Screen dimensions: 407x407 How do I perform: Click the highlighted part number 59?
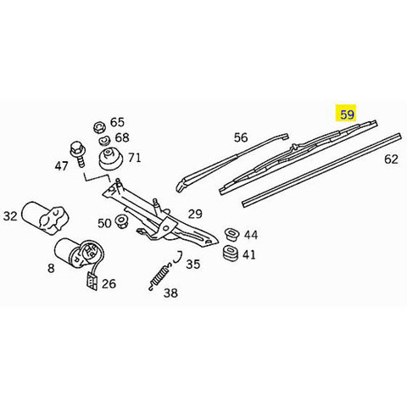(x=347, y=114)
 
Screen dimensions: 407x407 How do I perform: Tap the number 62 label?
(x=391, y=159)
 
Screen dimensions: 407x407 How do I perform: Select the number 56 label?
(x=241, y=137)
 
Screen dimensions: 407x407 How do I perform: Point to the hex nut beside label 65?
(x=99, y=127)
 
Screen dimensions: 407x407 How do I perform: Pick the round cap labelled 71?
(x=111, y=159)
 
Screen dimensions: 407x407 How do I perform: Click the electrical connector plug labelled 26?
(x=92, y=282)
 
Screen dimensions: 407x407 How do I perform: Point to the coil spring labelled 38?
(x=159, y=277)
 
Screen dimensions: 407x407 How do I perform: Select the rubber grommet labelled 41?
(x=231, y=254)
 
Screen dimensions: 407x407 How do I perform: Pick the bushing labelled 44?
(x=232, y=234)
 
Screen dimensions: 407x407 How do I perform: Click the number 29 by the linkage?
(x=195, y=214)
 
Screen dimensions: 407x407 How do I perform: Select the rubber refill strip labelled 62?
(x=322, y=170)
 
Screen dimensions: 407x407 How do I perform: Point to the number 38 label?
(x=170, y=293)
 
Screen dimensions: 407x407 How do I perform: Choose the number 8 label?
(x=51, y=268)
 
